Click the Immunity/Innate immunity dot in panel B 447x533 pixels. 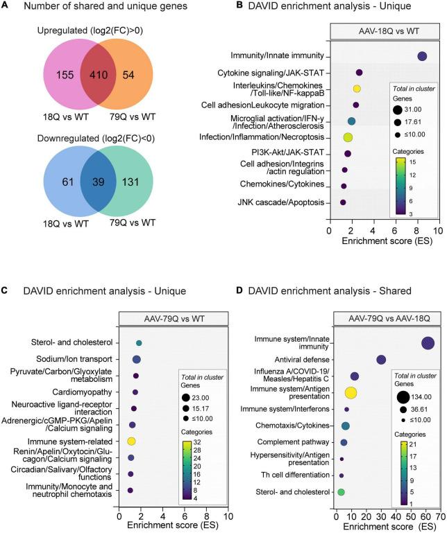tap(422, 57)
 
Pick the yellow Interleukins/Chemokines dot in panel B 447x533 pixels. tap(357, 89)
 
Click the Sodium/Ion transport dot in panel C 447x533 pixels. tap(136, 359)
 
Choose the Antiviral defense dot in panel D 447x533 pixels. tap(381, 359)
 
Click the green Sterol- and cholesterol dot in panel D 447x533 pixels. tap(340, 491)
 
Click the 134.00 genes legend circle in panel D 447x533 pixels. tap(403, 398)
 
